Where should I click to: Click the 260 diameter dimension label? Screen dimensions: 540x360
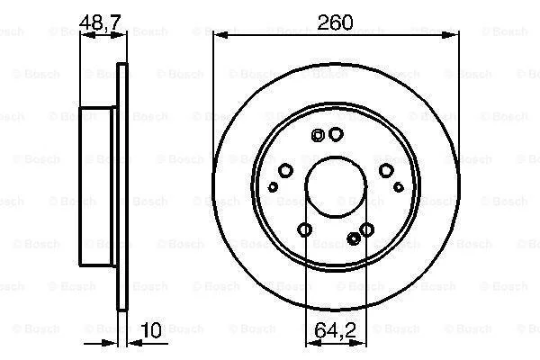click(x=335, y=22)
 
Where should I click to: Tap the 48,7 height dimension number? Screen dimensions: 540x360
click(x=100, y=22)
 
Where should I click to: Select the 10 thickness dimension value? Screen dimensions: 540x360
click(x=151, y=330)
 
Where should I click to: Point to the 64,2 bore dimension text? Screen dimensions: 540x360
click(x=335, y=330)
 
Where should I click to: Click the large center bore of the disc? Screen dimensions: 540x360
click(x=336, y=187)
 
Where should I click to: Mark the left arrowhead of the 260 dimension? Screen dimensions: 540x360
click(x=221, y=35)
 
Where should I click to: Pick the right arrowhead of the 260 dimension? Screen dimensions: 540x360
click(x=450, y=35)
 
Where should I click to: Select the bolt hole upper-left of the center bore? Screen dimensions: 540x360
click(x=285, y=170)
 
